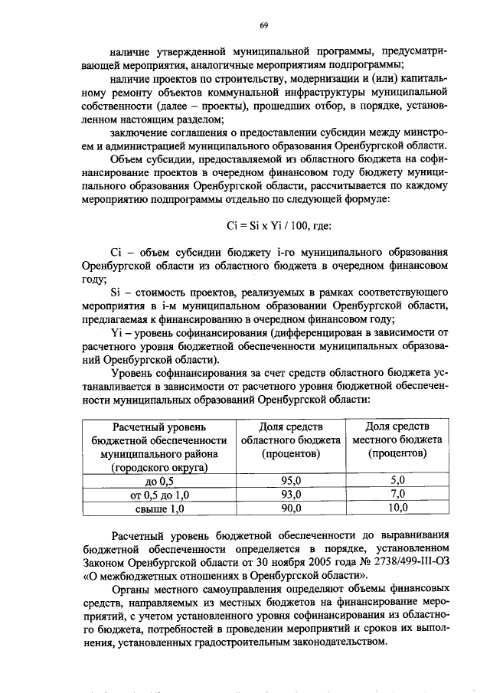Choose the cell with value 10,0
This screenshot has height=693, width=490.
pos(397,507)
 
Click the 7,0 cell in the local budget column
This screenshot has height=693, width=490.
pos(397,494)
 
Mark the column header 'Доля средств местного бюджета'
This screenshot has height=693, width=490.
pos(397,440)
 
